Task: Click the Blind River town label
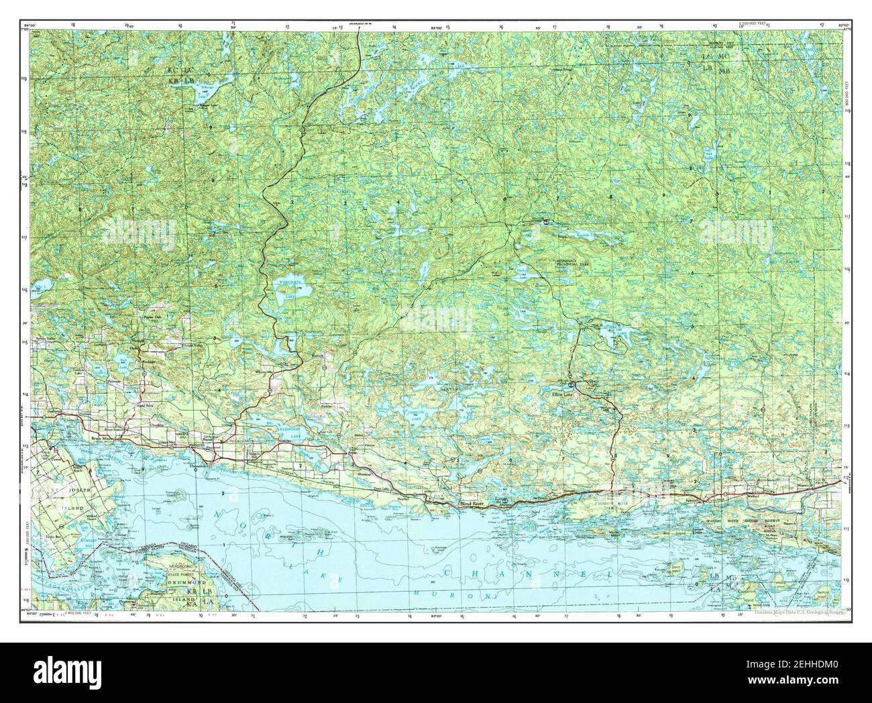tap(472, 503)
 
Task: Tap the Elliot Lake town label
tap(562, 394)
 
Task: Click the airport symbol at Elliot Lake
tap(571, 385)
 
